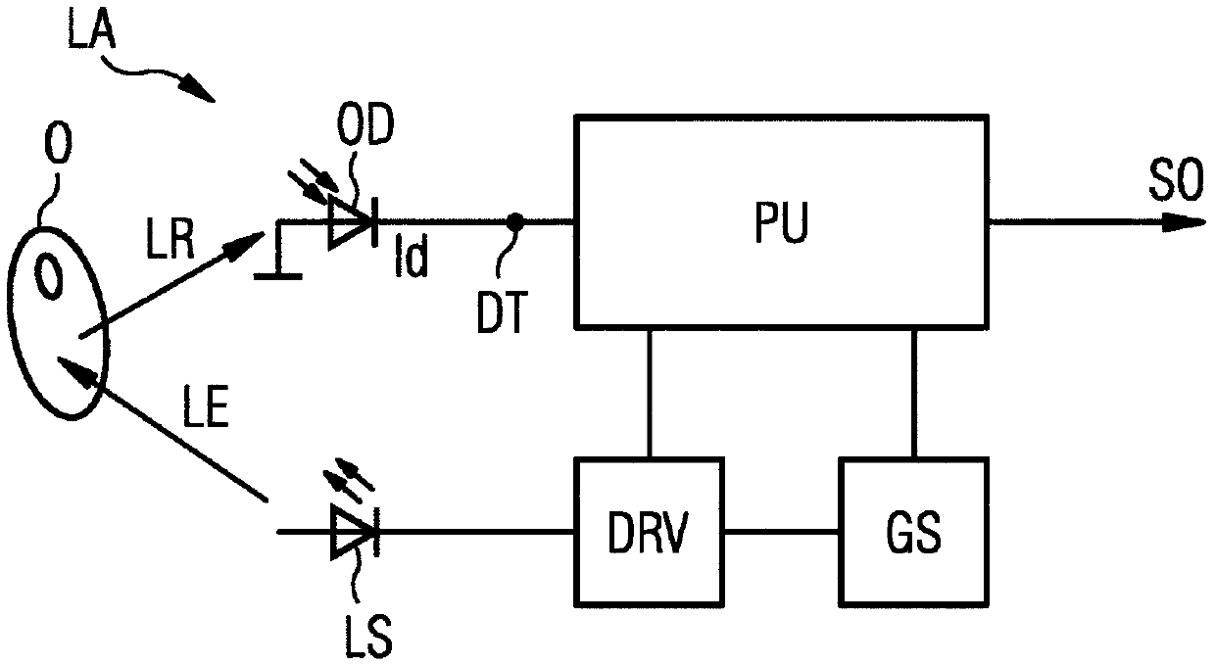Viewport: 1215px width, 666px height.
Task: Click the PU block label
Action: click(x=781, y=221)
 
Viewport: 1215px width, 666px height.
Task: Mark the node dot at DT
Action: click(x=514, y=221)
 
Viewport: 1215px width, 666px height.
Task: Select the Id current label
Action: click(x=412, y=256)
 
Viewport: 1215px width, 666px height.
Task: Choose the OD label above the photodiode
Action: click(x=365, y=124)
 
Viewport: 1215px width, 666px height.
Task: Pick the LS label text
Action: click(x=368, y=637)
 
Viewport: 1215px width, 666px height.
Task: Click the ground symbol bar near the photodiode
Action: click(x=278, y=276)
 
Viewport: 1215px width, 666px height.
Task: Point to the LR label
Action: click(x=170, y=239)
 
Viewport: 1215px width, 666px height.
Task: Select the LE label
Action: click(x=206, y=405)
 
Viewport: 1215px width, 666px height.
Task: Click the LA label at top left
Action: click(x=92, y=28)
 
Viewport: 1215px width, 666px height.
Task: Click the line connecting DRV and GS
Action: click(x=782, y=532)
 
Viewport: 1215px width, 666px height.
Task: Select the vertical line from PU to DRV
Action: click(x=649, y=393)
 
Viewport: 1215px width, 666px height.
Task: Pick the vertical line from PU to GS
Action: click(x=914, y=393)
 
